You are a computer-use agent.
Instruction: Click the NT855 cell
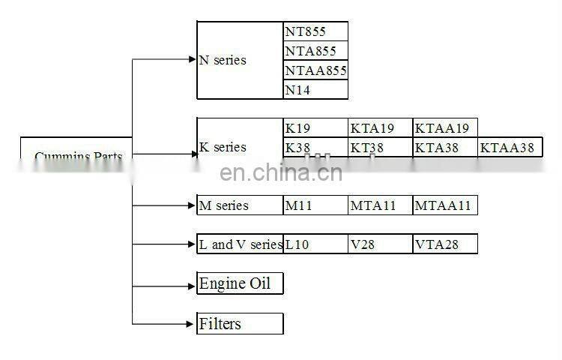[x=315, y=31]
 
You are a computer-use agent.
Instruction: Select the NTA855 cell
[x=315, y=51]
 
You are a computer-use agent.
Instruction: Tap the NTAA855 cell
[x=315, y=70]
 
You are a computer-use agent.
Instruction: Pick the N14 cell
[x=315, y=90]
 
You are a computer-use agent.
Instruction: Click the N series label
[x=223, y=60]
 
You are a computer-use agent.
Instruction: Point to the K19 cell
[x=315, y=128]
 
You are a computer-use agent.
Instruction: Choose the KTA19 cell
[x=380, y=128]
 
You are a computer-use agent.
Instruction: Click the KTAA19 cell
[x=444, y=128]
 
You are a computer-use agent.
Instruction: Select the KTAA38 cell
[x=510, y=148]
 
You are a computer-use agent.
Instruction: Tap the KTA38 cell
[x=444, y=148]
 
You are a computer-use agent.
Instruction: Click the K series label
[x=223, y=147]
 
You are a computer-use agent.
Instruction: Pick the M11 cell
[x=315, y=205]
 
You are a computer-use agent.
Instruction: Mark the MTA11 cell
[x=380, y=205]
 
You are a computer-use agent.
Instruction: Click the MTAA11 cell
[x=444, y=205]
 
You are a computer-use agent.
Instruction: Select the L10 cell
[x=315, y=244]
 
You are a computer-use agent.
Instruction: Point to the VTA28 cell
[x=444, y=244]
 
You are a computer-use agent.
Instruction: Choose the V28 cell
[x=380, y=244]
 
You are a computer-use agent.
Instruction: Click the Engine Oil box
[x=240, y=283]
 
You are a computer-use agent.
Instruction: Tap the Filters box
[x=240, y=323]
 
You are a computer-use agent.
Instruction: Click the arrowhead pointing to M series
[x=191, y=205]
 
